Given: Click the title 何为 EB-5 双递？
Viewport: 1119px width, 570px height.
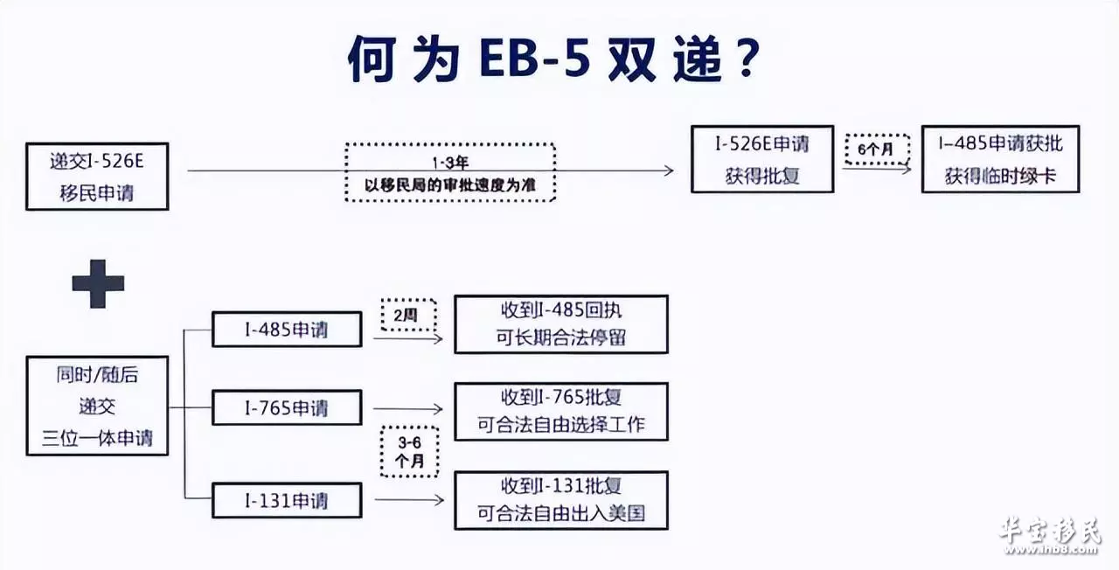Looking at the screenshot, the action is (x=553, y=59).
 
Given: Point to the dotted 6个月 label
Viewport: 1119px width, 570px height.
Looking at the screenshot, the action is (x=877, y=149).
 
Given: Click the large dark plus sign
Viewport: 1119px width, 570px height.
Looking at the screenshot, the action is (x=98, y=284).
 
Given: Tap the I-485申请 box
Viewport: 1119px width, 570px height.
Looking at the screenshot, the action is (x=287, y=330).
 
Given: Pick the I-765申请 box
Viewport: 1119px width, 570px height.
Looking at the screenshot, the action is (x=287, y=407).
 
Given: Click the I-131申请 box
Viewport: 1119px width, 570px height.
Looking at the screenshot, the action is (x=287, y=500).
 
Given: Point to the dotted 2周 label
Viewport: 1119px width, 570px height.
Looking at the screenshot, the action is (x=408, y=315).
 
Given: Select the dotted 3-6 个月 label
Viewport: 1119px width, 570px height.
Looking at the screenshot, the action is (x=410, y=452).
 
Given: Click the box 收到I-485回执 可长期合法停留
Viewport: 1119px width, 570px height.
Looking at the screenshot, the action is (x=561, y=324).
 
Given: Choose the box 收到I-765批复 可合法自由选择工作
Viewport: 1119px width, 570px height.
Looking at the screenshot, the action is (x=561, y=412).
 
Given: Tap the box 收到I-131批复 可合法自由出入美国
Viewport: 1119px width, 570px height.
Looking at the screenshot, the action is (x=561, y=500).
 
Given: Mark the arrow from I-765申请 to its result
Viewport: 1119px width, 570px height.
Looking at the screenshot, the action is (x=408, y=409).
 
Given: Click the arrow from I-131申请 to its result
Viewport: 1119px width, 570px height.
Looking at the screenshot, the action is (x=409, y=500).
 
